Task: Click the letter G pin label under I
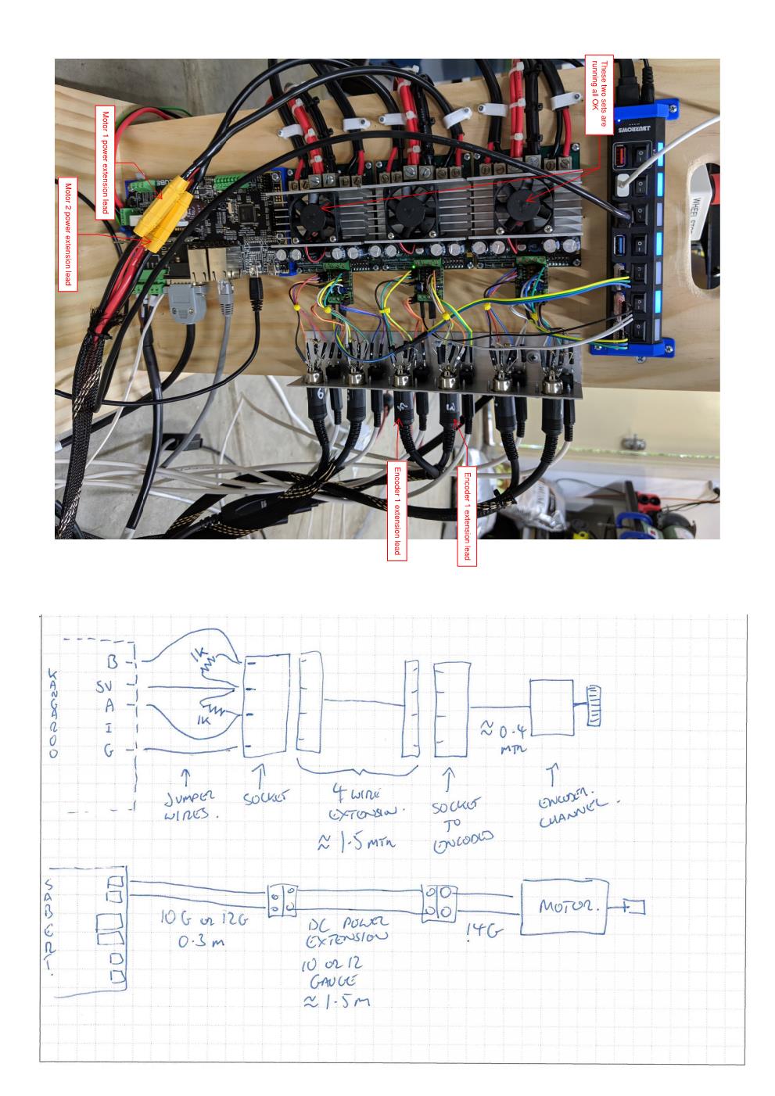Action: [x=110, y=751]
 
